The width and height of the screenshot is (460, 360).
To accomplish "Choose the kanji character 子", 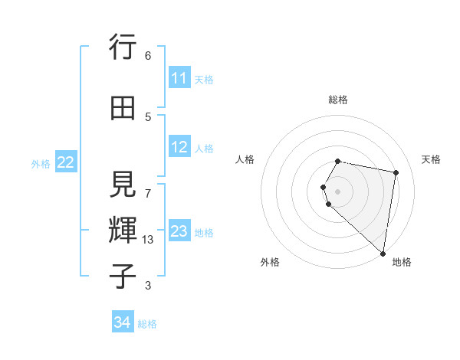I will coord(123,275).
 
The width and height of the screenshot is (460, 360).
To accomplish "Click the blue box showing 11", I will coord(179,78).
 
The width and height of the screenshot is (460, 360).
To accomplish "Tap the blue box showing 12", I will coord(179,147).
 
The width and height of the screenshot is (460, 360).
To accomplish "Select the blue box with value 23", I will coord(179,231).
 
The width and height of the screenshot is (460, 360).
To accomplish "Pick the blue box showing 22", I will coord(65,162).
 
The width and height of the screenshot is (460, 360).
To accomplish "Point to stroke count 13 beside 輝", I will coord(148,240).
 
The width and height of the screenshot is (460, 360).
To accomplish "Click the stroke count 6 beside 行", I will coord(148,56).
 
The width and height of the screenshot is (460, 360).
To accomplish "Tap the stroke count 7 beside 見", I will coord(148,185).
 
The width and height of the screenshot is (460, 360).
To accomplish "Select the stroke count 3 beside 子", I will coord(148,286).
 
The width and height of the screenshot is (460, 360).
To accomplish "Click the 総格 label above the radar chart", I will coord(338,100).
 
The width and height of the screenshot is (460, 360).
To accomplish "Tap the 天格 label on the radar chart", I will coord(431,159).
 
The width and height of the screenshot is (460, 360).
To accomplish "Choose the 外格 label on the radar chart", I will coord(270,262).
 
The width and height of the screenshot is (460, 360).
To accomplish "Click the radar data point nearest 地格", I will coord(383,253).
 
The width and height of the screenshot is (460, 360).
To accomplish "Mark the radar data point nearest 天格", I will coord(396,172).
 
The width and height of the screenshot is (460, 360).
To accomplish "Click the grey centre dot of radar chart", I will coord(338,191).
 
